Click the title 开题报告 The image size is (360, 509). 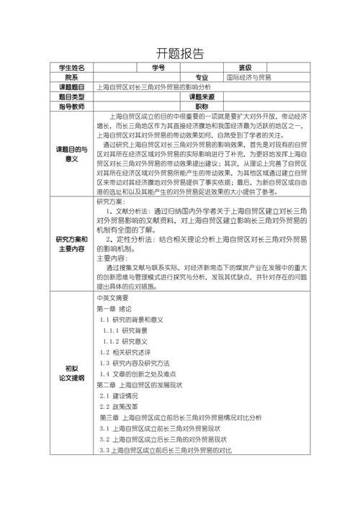(x=179, y=53)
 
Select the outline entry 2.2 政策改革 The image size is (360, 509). (x=120, y=407)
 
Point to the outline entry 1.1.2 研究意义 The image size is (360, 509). (x=127, y=341)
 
